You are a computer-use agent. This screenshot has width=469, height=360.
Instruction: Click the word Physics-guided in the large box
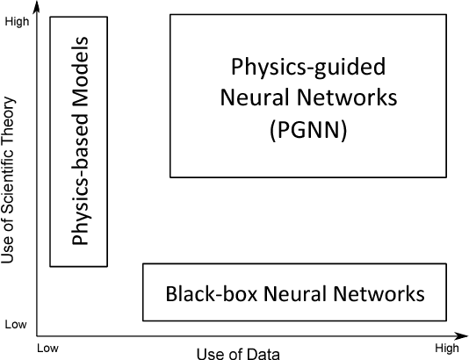[307, 67]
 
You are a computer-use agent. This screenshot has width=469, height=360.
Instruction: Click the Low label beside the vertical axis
[16, 324]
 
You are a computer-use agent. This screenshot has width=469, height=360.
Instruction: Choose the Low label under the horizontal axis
[47, 349]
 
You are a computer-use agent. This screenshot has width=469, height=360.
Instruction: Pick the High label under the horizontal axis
[446, 349]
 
